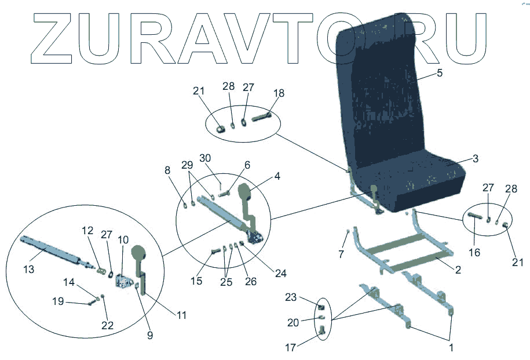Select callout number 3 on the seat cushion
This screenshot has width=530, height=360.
point(475,158)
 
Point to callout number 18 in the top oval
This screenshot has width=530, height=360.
point(279,93)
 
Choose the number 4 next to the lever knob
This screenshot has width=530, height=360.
point(278,176)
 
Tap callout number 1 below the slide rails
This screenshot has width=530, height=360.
point(451,348)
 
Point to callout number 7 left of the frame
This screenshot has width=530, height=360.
point(341,254)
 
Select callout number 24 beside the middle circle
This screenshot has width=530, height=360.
point(280,273)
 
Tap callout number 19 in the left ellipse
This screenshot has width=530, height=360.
point(59,302)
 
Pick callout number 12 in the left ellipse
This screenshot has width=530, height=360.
point(87,231)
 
